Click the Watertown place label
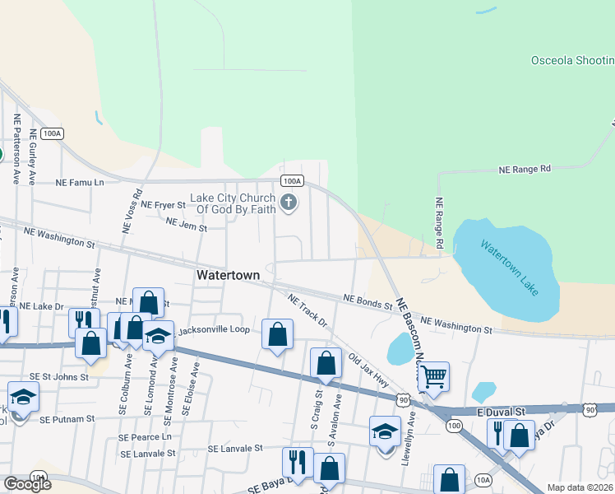[229, 275]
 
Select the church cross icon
[288, 203]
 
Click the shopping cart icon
[433, 377]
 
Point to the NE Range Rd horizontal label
[525, 169]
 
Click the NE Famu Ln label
[81, 182]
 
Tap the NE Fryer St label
[163, 204]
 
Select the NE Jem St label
[185, 222]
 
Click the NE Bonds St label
[368, 301]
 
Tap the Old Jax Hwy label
[368, 365]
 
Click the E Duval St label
[501, 411]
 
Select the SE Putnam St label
[67, 418]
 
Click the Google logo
[27, 484]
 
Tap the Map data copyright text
[580, 487]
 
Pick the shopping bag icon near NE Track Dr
[277, 334]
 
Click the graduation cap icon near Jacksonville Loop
[158, 335]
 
